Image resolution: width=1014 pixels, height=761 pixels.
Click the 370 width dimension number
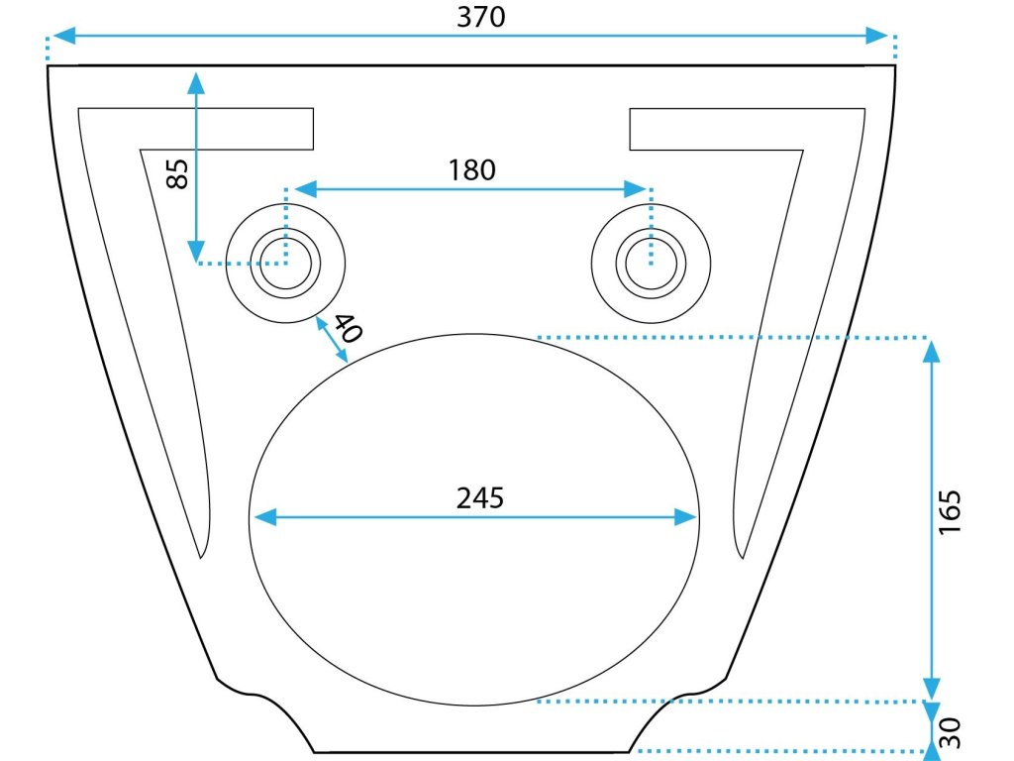[481, 17]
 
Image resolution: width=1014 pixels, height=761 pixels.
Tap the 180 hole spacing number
[471, 170]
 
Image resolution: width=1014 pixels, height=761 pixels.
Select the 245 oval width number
[480, 497]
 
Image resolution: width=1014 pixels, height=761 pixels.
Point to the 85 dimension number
[176, 176]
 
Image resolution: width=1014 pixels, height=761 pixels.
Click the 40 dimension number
[346, 327]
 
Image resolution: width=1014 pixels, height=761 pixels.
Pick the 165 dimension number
[951, 511]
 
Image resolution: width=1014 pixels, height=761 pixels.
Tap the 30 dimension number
[950, 733]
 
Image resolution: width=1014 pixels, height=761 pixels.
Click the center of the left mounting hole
[285, 264]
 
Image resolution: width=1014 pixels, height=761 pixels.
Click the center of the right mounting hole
[651, 264]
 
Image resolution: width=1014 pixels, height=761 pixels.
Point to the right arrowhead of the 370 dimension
[877, 36]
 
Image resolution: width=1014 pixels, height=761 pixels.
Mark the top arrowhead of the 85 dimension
[197, 82]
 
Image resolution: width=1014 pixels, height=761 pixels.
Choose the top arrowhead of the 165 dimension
[931, 351]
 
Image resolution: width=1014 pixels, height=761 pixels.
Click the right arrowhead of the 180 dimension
[637, 188]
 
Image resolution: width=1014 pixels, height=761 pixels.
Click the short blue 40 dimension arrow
[330, 342]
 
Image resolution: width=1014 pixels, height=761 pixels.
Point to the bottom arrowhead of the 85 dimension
[197, 252]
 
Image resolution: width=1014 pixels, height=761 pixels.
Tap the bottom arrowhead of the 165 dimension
[931, 688]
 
